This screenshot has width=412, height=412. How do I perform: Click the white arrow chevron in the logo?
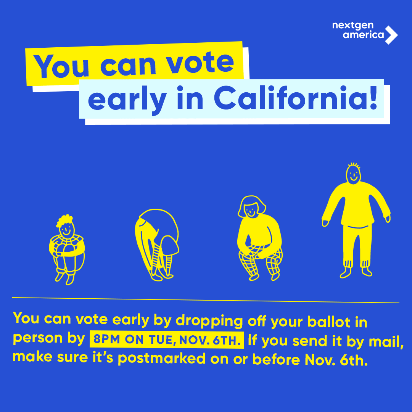391,35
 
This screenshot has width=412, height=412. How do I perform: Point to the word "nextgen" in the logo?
353,26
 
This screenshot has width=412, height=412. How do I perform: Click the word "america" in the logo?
363,35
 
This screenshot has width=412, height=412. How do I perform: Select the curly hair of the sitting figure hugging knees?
65,221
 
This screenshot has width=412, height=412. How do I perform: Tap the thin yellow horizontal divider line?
206,300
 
